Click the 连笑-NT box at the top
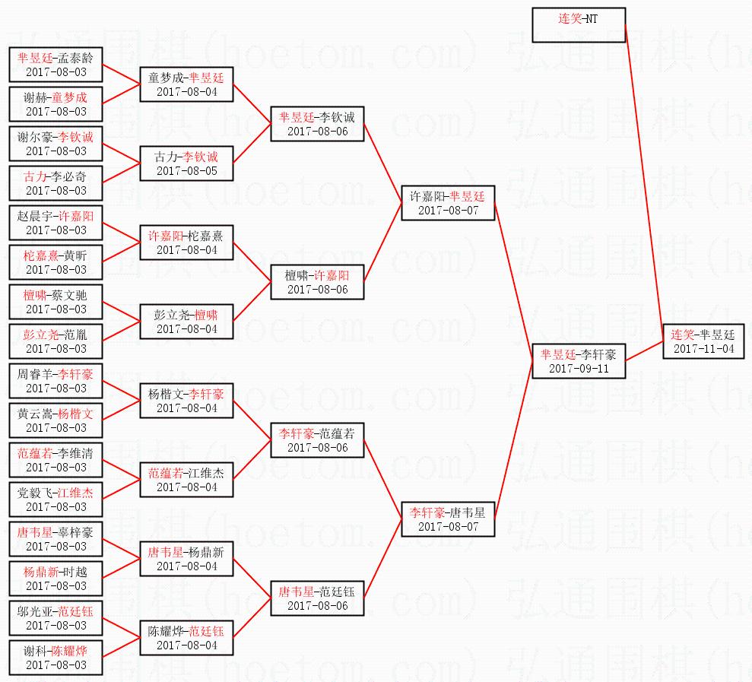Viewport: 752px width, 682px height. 579,25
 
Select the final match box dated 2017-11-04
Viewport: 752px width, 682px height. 703,341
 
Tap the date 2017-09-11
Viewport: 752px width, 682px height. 579,368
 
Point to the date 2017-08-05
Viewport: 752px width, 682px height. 186,171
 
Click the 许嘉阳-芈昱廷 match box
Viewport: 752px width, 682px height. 448,203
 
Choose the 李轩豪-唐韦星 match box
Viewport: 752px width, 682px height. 448,519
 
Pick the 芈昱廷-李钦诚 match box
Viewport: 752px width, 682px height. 317,124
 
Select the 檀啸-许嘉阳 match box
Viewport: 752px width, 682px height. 317,282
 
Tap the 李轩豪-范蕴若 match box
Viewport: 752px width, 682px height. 317,440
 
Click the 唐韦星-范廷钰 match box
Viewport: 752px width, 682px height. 317,598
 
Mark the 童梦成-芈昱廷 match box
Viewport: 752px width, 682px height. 186,84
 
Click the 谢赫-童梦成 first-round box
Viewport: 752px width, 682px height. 56,104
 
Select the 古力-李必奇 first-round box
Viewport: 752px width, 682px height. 56,183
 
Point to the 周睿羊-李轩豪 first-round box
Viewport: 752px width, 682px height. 56,381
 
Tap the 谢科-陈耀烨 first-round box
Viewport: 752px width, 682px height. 56,658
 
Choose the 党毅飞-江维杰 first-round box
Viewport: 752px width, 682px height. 56,500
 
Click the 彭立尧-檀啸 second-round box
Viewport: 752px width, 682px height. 186,322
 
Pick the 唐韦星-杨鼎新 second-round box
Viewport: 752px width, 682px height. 186,559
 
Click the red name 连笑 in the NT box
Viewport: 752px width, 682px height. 570,18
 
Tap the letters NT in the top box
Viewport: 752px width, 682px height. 592,18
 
